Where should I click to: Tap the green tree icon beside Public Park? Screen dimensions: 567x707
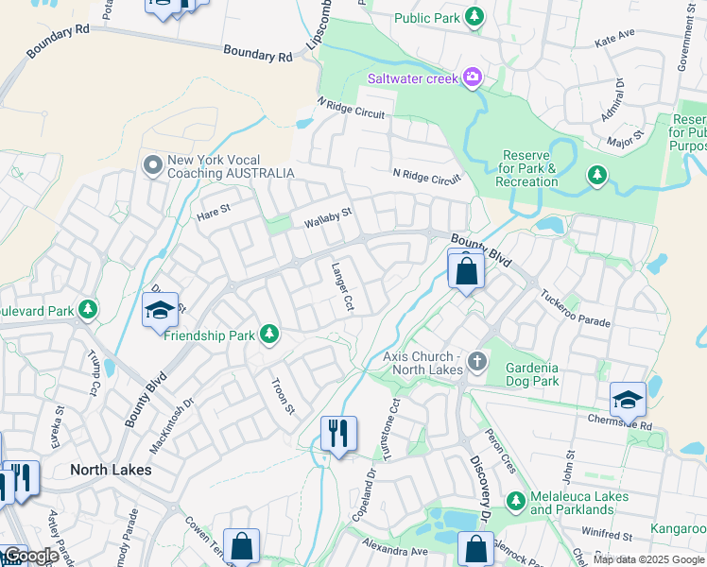point(474,18)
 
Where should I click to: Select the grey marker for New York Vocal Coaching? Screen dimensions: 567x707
point(152,166)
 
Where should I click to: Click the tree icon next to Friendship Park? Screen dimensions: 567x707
point(269,335)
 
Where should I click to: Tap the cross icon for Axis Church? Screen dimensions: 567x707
point(477,361)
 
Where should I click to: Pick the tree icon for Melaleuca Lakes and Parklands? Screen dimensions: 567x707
point(515,501)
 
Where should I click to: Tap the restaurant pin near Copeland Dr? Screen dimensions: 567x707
point(338,434)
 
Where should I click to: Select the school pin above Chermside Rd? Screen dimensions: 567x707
point(628,400)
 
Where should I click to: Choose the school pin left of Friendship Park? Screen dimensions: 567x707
point(160,311)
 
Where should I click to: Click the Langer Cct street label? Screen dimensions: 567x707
point(341,287)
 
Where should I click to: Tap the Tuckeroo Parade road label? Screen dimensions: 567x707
point(576,308)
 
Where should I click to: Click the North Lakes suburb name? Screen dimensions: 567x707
point(112,469)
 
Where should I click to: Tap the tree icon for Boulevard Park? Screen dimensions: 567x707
point(88,309)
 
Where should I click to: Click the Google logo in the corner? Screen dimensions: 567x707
point(30,557)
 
